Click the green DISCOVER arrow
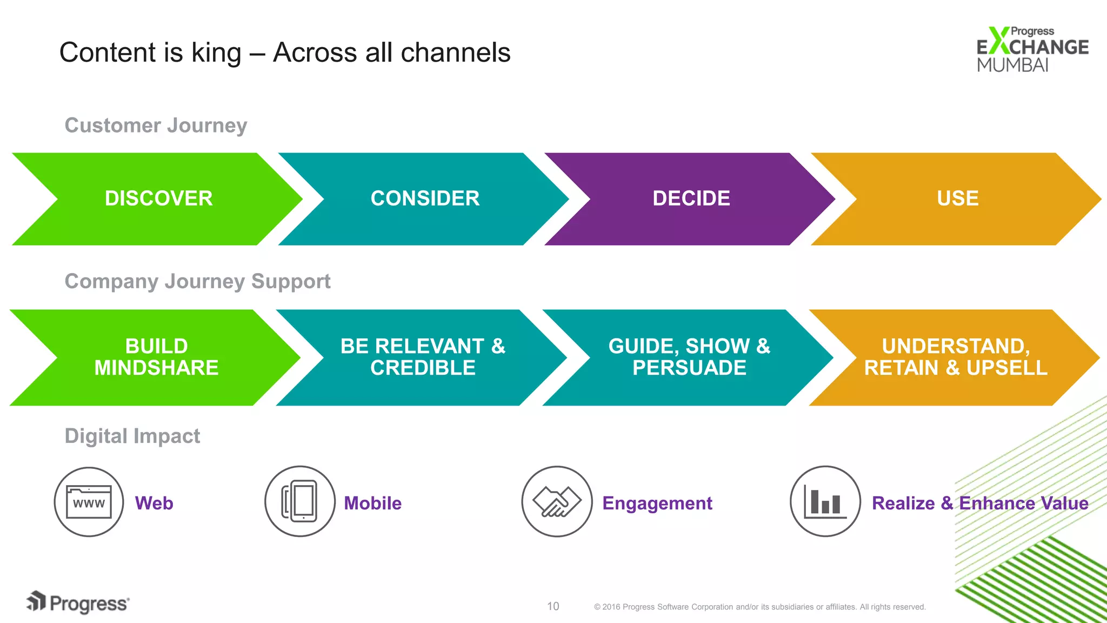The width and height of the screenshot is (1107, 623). (x=158, y=198)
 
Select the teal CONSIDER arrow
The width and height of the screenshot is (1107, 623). (x=425, y=198)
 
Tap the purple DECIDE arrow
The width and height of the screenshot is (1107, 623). (x=691, y=198)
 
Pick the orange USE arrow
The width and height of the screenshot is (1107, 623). (x=957, y=198)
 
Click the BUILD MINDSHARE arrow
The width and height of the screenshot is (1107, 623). (x=156, y=357)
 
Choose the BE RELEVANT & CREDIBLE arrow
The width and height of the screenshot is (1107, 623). (x=423, y=357)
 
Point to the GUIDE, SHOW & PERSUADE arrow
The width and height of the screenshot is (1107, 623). (x=689, y=357)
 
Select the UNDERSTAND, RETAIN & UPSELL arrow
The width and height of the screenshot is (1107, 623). (x=956, y=357)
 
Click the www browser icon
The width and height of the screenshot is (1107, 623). (x=89, y=502)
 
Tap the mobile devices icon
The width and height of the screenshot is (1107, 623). (x=300, y=501)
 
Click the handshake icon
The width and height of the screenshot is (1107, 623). (x=557, y=501)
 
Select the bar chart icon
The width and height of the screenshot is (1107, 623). (x=825, y=501)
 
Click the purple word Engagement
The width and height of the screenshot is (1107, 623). (x=657, y=503)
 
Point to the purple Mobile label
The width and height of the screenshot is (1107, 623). (x=372, y=503)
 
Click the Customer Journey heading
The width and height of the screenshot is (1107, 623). (x=156, y=125)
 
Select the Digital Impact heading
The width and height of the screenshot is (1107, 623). (x=132, y=436)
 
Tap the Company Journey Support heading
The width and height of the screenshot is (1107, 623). (x=197, y=281)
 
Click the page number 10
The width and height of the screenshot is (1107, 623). (x=553, y=606)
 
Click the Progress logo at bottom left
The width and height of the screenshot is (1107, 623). (x=78, y=602)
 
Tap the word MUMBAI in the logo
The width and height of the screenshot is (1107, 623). (x=1012, y=65)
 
